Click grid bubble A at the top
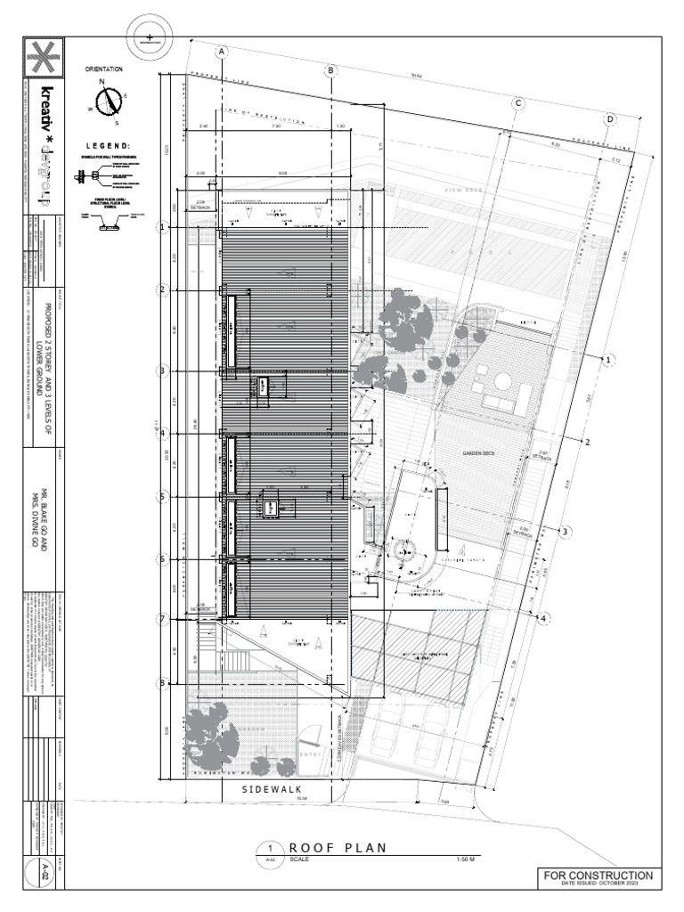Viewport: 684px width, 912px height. pyautogui.click(x=222, y=52)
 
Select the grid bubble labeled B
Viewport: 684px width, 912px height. pyautogui.click(x=330, y=70)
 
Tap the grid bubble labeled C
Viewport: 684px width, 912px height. pyautogui.click(x=517, y=103)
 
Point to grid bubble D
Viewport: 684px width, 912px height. pyautogui.click(x=611, y=119)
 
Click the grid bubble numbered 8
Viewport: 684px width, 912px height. pyautogui.click(x=163, y=683)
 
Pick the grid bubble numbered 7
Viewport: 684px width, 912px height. pyautogui.click(x=163, y=619)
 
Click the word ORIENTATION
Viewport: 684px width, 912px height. pyautogui.click(x=104, y=69)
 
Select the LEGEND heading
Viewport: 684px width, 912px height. pyautogui.click(x=108, y=146)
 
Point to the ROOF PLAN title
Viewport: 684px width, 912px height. pyautogui.click(x=338, y=848)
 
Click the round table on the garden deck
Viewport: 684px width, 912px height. pyautogui.click(x=504, y=381)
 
